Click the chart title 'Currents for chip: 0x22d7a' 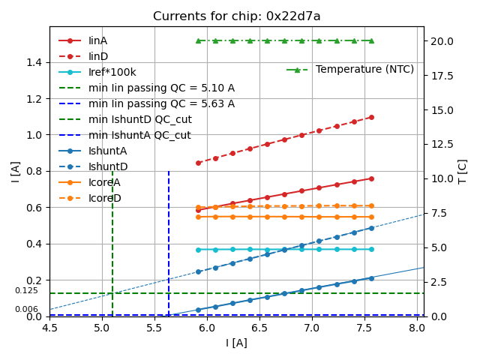tap(236, 16)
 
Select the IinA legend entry tap(98, 40)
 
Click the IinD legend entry tap(98, 56)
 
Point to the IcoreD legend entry tap(104, 198)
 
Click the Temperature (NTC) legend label tap(364, 70)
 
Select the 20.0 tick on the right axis tap(441, 40)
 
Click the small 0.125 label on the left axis tap(26, 290)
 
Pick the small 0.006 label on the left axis tap(26, 309)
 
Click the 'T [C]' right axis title tap(463, 172)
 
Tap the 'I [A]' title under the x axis tap(236, 343)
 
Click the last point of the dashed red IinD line tap(371, 117)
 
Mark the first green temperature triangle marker tap(198, 40)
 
